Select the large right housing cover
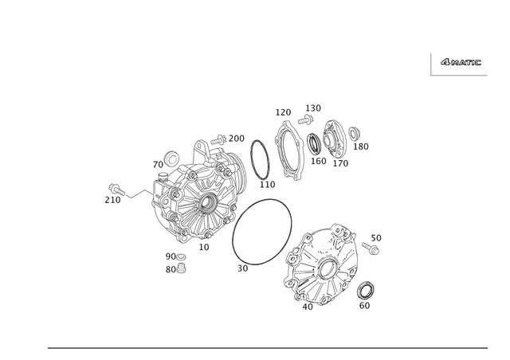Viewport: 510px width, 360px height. (x=323, y=267)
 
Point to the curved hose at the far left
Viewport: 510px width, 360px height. (x=131, y=191)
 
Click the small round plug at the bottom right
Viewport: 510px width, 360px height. (x=366, y=288)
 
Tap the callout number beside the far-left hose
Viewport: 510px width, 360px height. (x=109, y=200)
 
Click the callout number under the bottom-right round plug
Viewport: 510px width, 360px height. (x=366, y=303)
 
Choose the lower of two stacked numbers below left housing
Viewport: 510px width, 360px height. (x=175, y=269)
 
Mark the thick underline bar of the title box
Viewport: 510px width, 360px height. (x=460, y=76)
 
